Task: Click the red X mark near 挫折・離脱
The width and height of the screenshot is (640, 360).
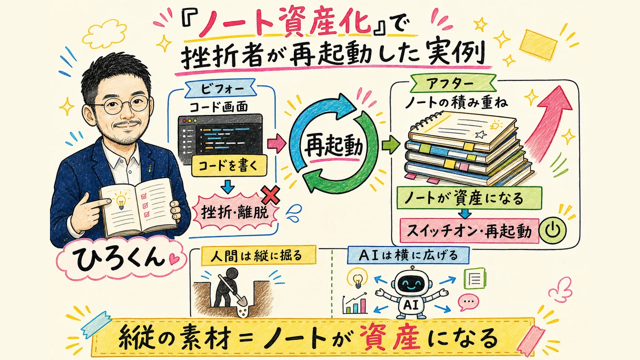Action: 270,194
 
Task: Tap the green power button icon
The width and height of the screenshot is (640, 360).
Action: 552,230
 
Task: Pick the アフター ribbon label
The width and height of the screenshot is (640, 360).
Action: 453,83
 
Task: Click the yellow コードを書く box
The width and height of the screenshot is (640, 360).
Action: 228,165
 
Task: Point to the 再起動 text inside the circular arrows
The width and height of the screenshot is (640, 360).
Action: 333,147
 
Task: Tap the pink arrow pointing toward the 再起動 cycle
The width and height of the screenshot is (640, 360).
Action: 276,143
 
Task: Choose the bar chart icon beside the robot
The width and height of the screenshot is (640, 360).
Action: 355,303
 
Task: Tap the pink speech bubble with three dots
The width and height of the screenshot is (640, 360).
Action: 468,302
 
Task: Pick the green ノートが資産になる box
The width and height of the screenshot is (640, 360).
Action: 469,198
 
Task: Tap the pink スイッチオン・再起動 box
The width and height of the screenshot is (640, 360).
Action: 469,231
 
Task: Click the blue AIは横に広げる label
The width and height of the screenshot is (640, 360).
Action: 408,255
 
